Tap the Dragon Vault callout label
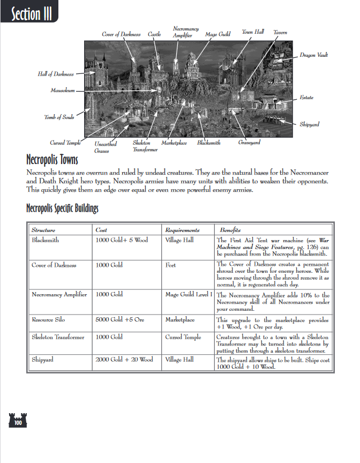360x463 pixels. click(313, 55)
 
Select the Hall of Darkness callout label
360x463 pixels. click(56, 74)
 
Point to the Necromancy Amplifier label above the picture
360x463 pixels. click(186, 32)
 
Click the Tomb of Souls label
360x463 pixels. click(59, 117)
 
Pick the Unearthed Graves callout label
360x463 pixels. click(106, 147)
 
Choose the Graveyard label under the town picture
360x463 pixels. click(249, 143)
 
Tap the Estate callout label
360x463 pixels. click(306, 98)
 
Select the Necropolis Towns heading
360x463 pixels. click(52, 160)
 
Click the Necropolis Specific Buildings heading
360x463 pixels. click(62, 208)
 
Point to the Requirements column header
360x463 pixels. click(182, 230)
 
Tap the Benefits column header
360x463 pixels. click(229, 230)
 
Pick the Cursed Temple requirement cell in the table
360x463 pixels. click(183, 337)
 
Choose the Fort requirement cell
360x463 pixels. click(170, 265)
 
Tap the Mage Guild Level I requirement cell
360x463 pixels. click(189, 294)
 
